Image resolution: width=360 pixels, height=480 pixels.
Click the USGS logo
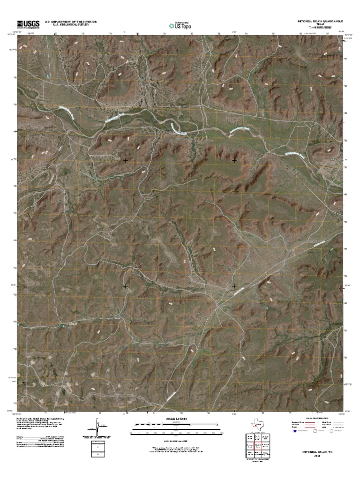click(29, 24)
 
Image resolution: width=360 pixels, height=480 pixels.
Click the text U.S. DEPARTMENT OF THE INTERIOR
click(70, 22)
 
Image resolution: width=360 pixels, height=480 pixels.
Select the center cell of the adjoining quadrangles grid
click(257, 445)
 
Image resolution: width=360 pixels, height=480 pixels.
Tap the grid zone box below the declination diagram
click(98, 449)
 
